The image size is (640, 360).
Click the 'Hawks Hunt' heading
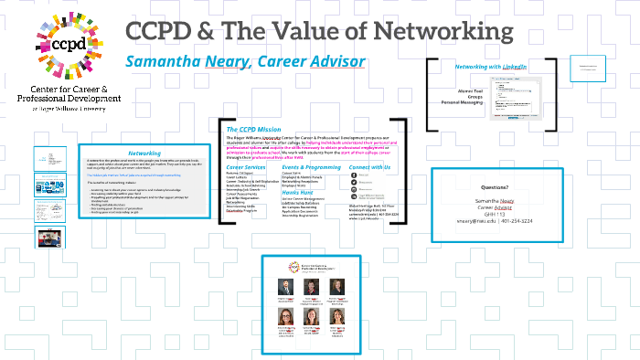point(300,193)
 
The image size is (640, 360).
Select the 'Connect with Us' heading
point(370,168)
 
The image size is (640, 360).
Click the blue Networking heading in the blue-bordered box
point(144,154)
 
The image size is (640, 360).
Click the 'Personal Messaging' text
point(461,102)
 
